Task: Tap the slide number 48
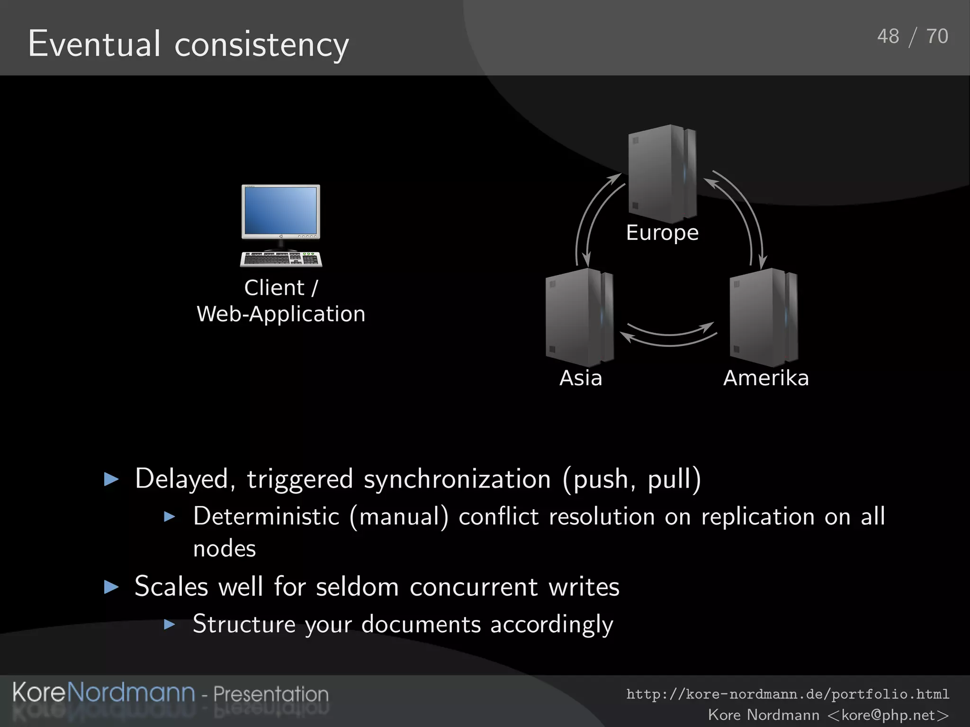coord(888,36)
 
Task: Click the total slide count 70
coord(937,36)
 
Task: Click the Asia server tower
coord(579,317)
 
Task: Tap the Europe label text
coord(662,233)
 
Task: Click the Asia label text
coord(581,378)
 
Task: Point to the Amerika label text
coord(766,378)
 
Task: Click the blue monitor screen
coord(280,210)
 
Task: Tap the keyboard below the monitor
coord(281,259)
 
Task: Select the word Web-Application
coord(281,314)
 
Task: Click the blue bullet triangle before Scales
coord(111,587)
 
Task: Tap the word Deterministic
coord(266,516)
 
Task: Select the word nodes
coord(225,549)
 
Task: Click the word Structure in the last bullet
coord(243,624)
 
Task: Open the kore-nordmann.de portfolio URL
coord(788,694)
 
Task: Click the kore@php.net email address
coord(888,715)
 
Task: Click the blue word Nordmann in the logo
coord(131,692)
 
